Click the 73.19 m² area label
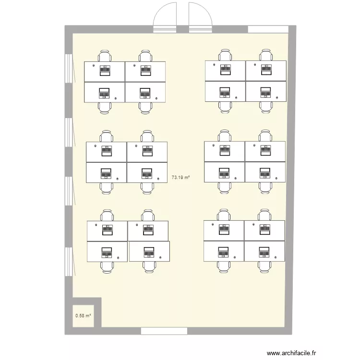[180, 177]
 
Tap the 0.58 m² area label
[83, 316]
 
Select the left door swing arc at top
[161, 9]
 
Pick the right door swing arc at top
[204, 9]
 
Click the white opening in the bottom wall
[164, 331]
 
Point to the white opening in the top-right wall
[268, 29]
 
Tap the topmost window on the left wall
[69, 68]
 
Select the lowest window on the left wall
[69, 262]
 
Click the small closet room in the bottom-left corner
[84, 316]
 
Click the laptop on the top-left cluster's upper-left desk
[105, 71]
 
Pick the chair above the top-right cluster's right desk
[266, 55]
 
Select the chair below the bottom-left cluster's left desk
[107, 267]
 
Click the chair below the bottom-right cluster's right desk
[264, 267]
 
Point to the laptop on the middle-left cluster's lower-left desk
[106, 174]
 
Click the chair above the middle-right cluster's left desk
[224, 136]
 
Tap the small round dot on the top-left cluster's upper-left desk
[94, 65]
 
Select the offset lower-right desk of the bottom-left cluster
[149, 251]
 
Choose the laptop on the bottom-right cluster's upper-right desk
[264, 229]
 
